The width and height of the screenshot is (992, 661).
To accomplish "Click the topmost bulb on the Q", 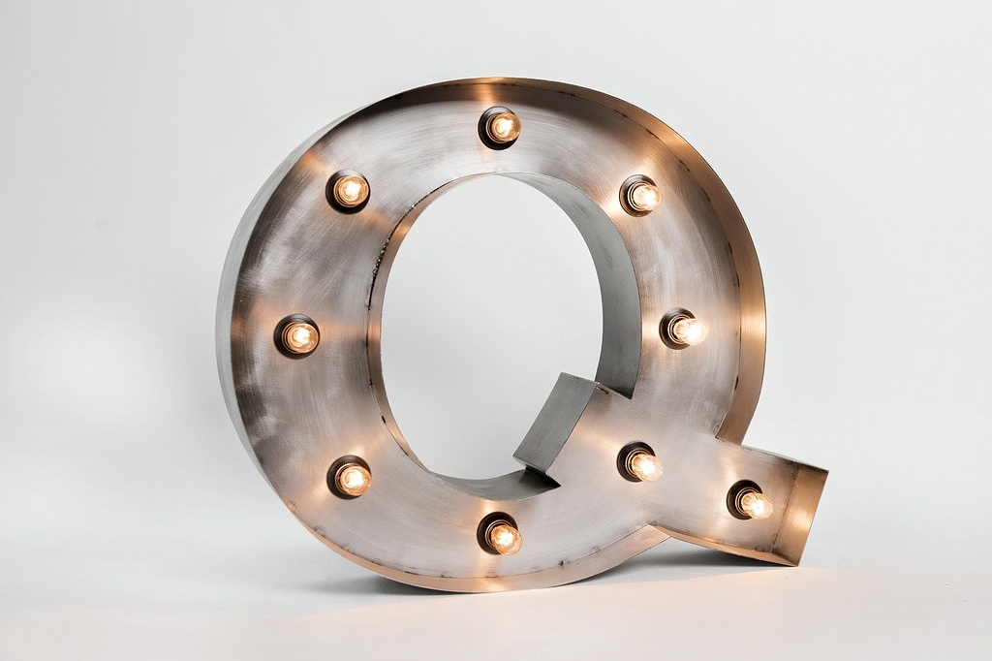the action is tap(501, 128).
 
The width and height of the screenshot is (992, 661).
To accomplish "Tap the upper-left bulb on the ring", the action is tap(349, 191).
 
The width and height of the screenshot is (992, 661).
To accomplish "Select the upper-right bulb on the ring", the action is tap(641, 195).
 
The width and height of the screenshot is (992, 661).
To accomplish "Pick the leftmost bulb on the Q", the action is tap(296, 336).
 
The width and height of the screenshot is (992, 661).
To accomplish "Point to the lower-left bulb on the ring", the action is tap(349, 478).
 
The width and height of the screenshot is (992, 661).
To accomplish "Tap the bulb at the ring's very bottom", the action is tap(500, 534).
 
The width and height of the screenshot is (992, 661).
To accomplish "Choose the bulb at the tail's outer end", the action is tap(751, 500).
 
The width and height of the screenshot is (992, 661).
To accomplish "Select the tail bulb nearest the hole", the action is tap(640, 463).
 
